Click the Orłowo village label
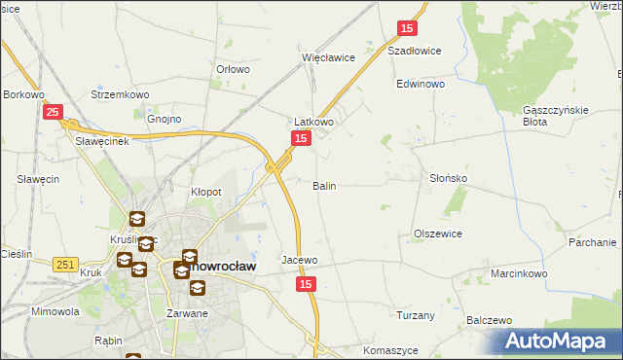234,69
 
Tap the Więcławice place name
328,57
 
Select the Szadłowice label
415,51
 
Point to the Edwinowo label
421,85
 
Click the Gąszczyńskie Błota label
556,116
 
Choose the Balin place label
324,185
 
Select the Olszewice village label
437,234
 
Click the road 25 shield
54,113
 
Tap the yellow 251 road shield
66,265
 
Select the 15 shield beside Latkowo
301,140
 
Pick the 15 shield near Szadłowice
407,29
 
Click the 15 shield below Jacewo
306,283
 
